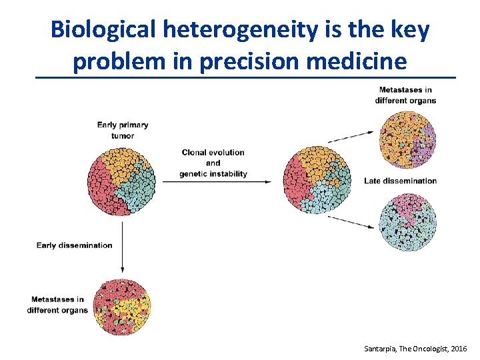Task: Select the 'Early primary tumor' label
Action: pyautogui.click(x=123, y=130)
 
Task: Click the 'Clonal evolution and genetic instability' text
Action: pyautogui.click(x=213, y=163)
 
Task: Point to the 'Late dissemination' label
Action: pyautogui.click(x=400, y=181)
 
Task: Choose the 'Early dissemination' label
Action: pyautogui.click(x=75, y=245)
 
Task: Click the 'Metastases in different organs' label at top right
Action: pyautogui.click(x=405, y=95)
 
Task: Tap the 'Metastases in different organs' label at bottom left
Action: pyautogui.click(x=57, y=305)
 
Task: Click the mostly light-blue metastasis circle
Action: pyautogui.click(x=408, y=222)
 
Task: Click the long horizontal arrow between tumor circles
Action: pyautogui.click(x=216, y=181)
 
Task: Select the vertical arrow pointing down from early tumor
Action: pyautogui.click(x=122, y=246)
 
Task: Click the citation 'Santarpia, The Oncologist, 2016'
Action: pyautogui.click(x=416, y=349)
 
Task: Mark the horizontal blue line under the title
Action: pyautogui.click(x=245, y=79)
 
